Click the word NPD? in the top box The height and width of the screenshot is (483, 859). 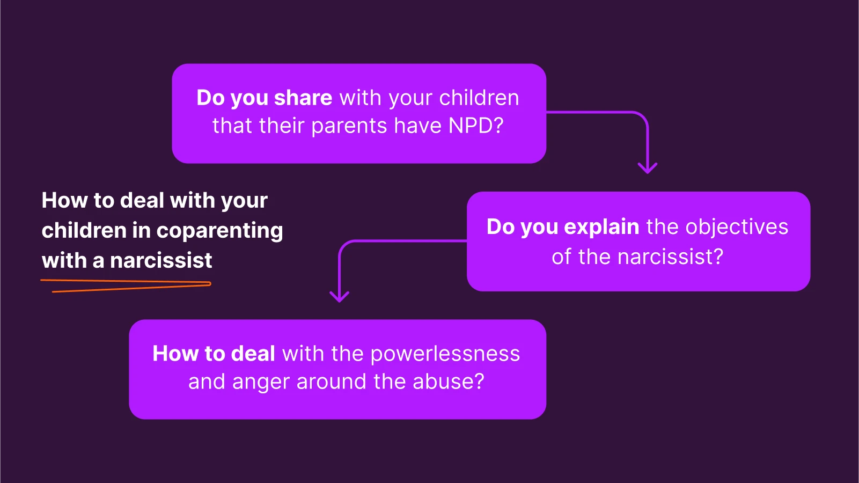pos(476,126)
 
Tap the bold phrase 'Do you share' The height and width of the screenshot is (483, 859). pos(265,98)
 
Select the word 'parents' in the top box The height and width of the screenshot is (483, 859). pos(349,126)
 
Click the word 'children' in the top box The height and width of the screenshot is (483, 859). pos(479,98)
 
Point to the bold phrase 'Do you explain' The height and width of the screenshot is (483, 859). pos(563,227)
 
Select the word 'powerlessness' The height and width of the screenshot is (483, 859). pos(445,354)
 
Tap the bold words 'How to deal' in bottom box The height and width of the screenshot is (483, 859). pos(214,354)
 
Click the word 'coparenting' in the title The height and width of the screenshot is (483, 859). pos(219,231)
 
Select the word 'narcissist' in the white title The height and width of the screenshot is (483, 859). pos(161,261)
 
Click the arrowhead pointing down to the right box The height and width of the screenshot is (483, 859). pos(648,168)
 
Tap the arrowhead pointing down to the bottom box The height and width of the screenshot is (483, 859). pos(339,296)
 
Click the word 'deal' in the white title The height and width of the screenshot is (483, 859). pos(142,201)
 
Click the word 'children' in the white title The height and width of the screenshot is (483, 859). pos(84,231)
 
